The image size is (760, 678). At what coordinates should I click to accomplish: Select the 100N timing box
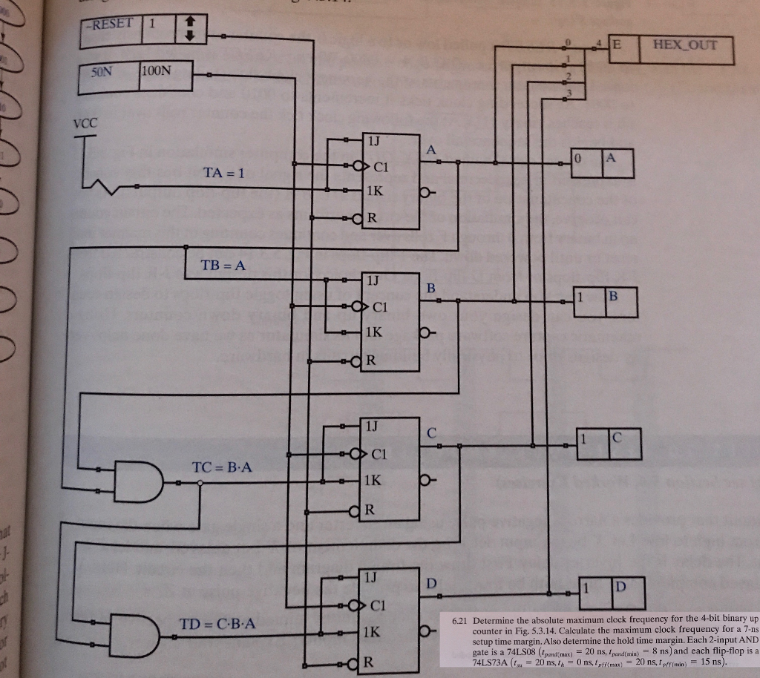click(165, 73)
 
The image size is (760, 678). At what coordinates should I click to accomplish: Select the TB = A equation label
click(223, 266)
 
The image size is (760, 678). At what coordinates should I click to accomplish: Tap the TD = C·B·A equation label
click(218, 623)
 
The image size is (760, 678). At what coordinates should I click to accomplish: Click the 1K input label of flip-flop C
click(372, 480)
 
